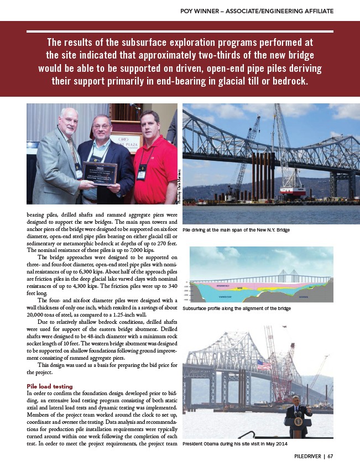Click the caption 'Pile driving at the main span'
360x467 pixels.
point(236,229)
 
